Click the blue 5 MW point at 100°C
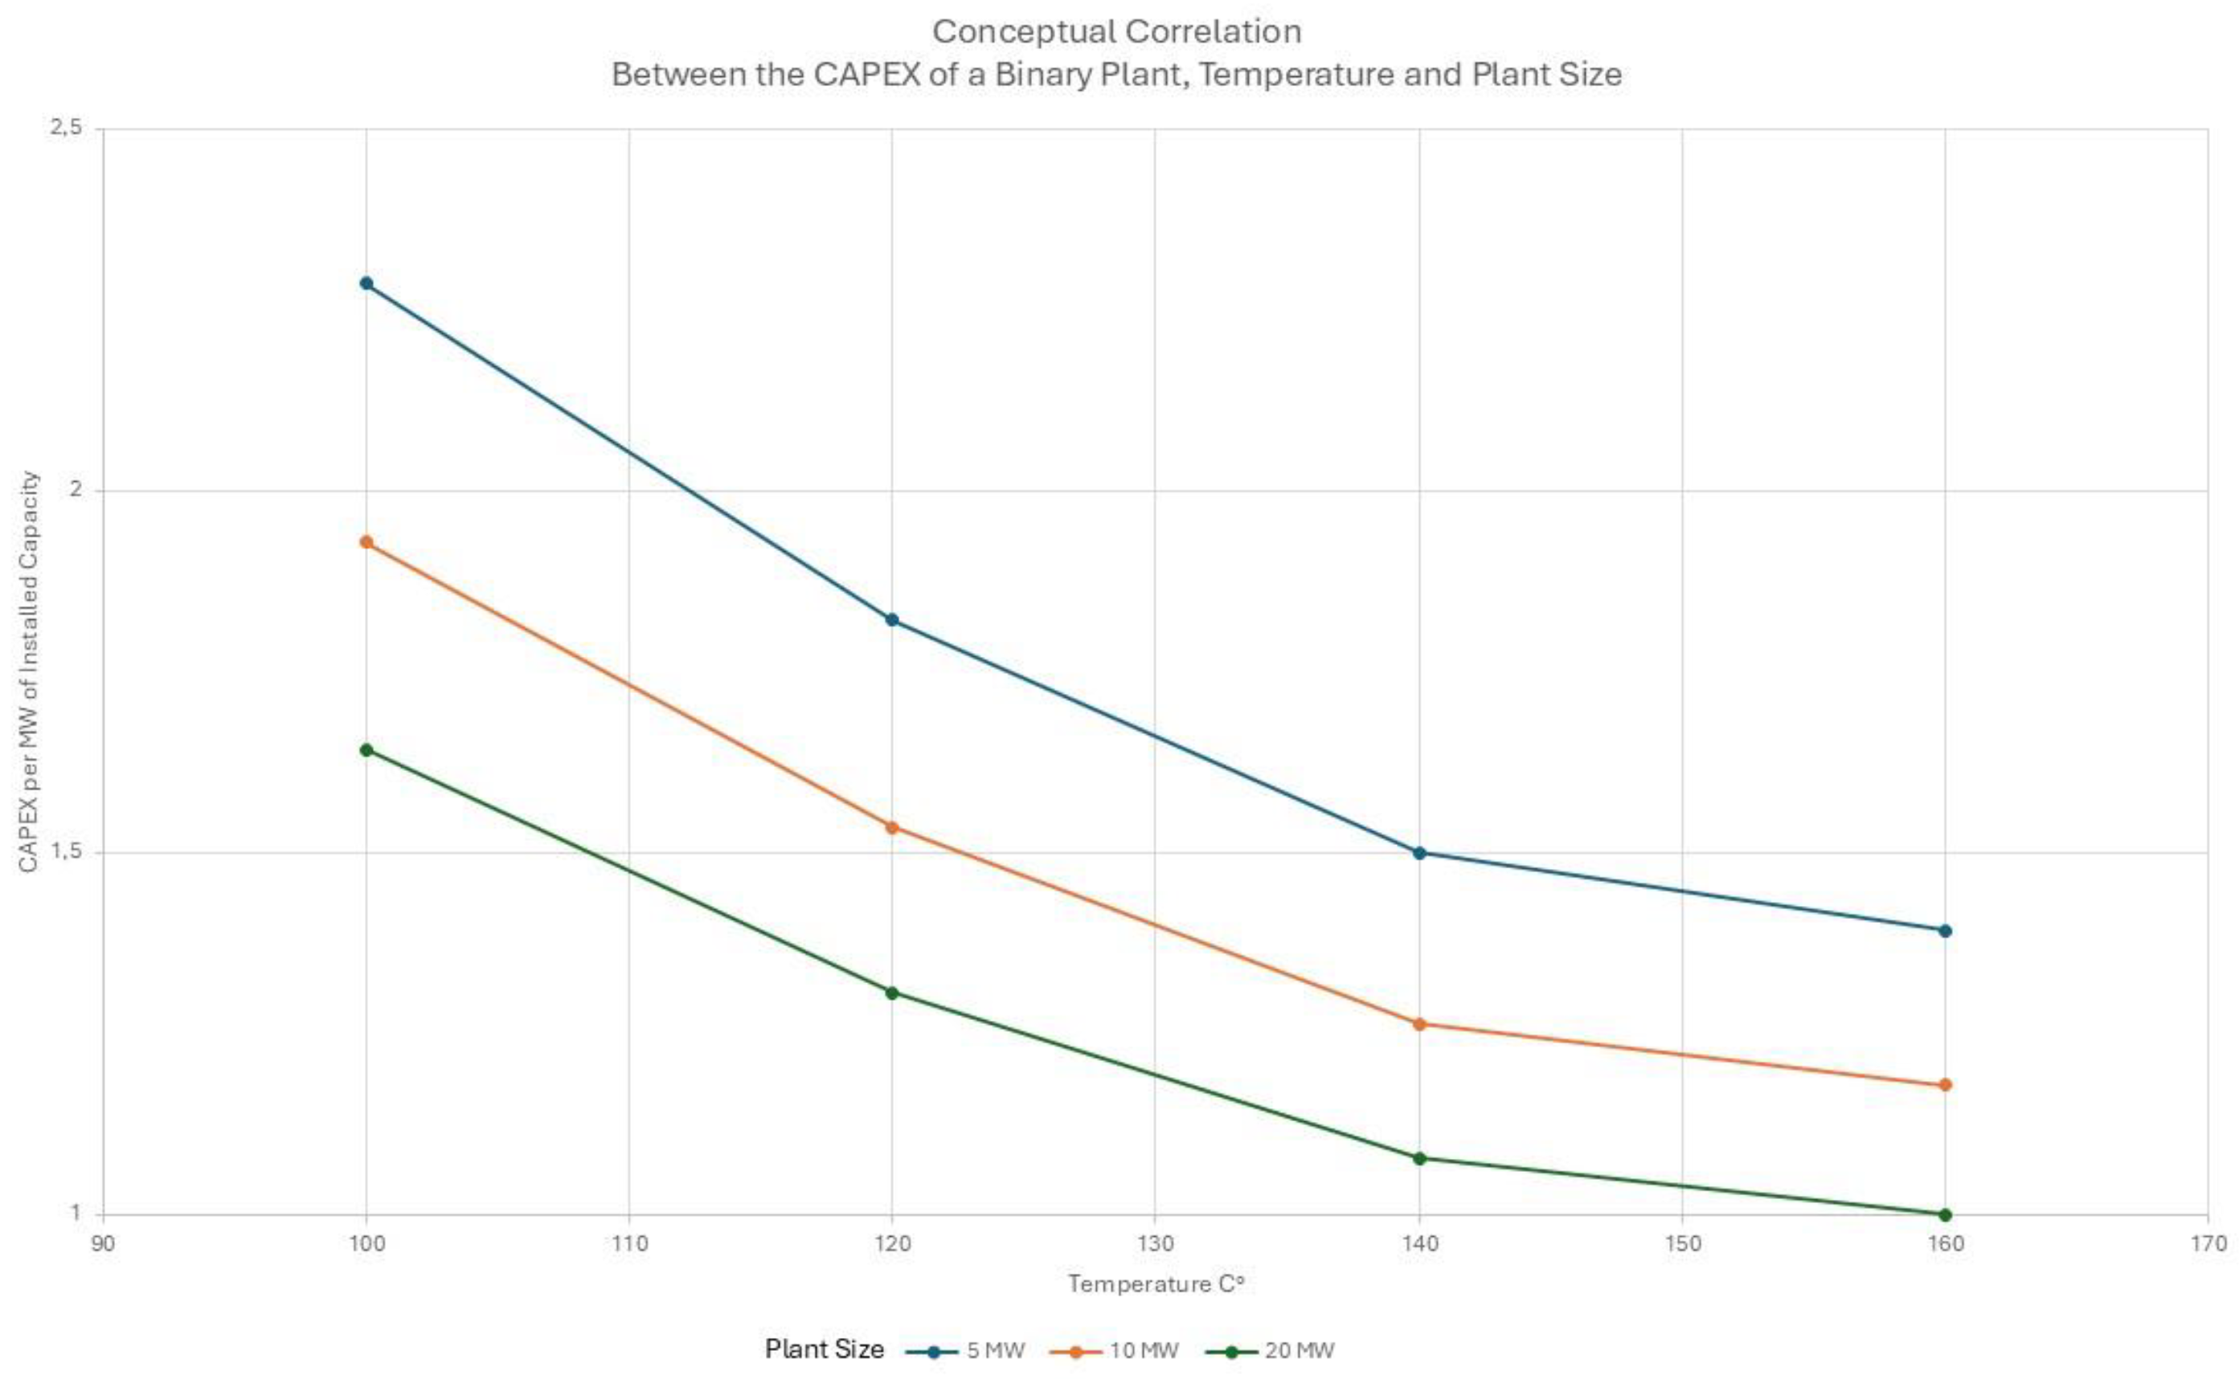tap(366, 283)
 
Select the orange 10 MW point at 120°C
tap(892, 827)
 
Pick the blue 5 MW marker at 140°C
tap(1418, 853)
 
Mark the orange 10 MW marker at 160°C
tap(1944, 1084)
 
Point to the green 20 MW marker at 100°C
tap(366, 749)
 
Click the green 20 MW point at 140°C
tap(1418, 1158)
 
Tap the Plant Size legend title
tap(824, 1350)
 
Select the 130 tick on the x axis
tap(1155, 1244)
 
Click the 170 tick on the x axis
tap(2207, 1244)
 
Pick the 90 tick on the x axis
tap(103, 1244)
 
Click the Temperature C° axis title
tap(1156, 1284)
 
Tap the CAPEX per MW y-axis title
tap(29, 671)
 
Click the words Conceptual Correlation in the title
tap(1117, 32)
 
